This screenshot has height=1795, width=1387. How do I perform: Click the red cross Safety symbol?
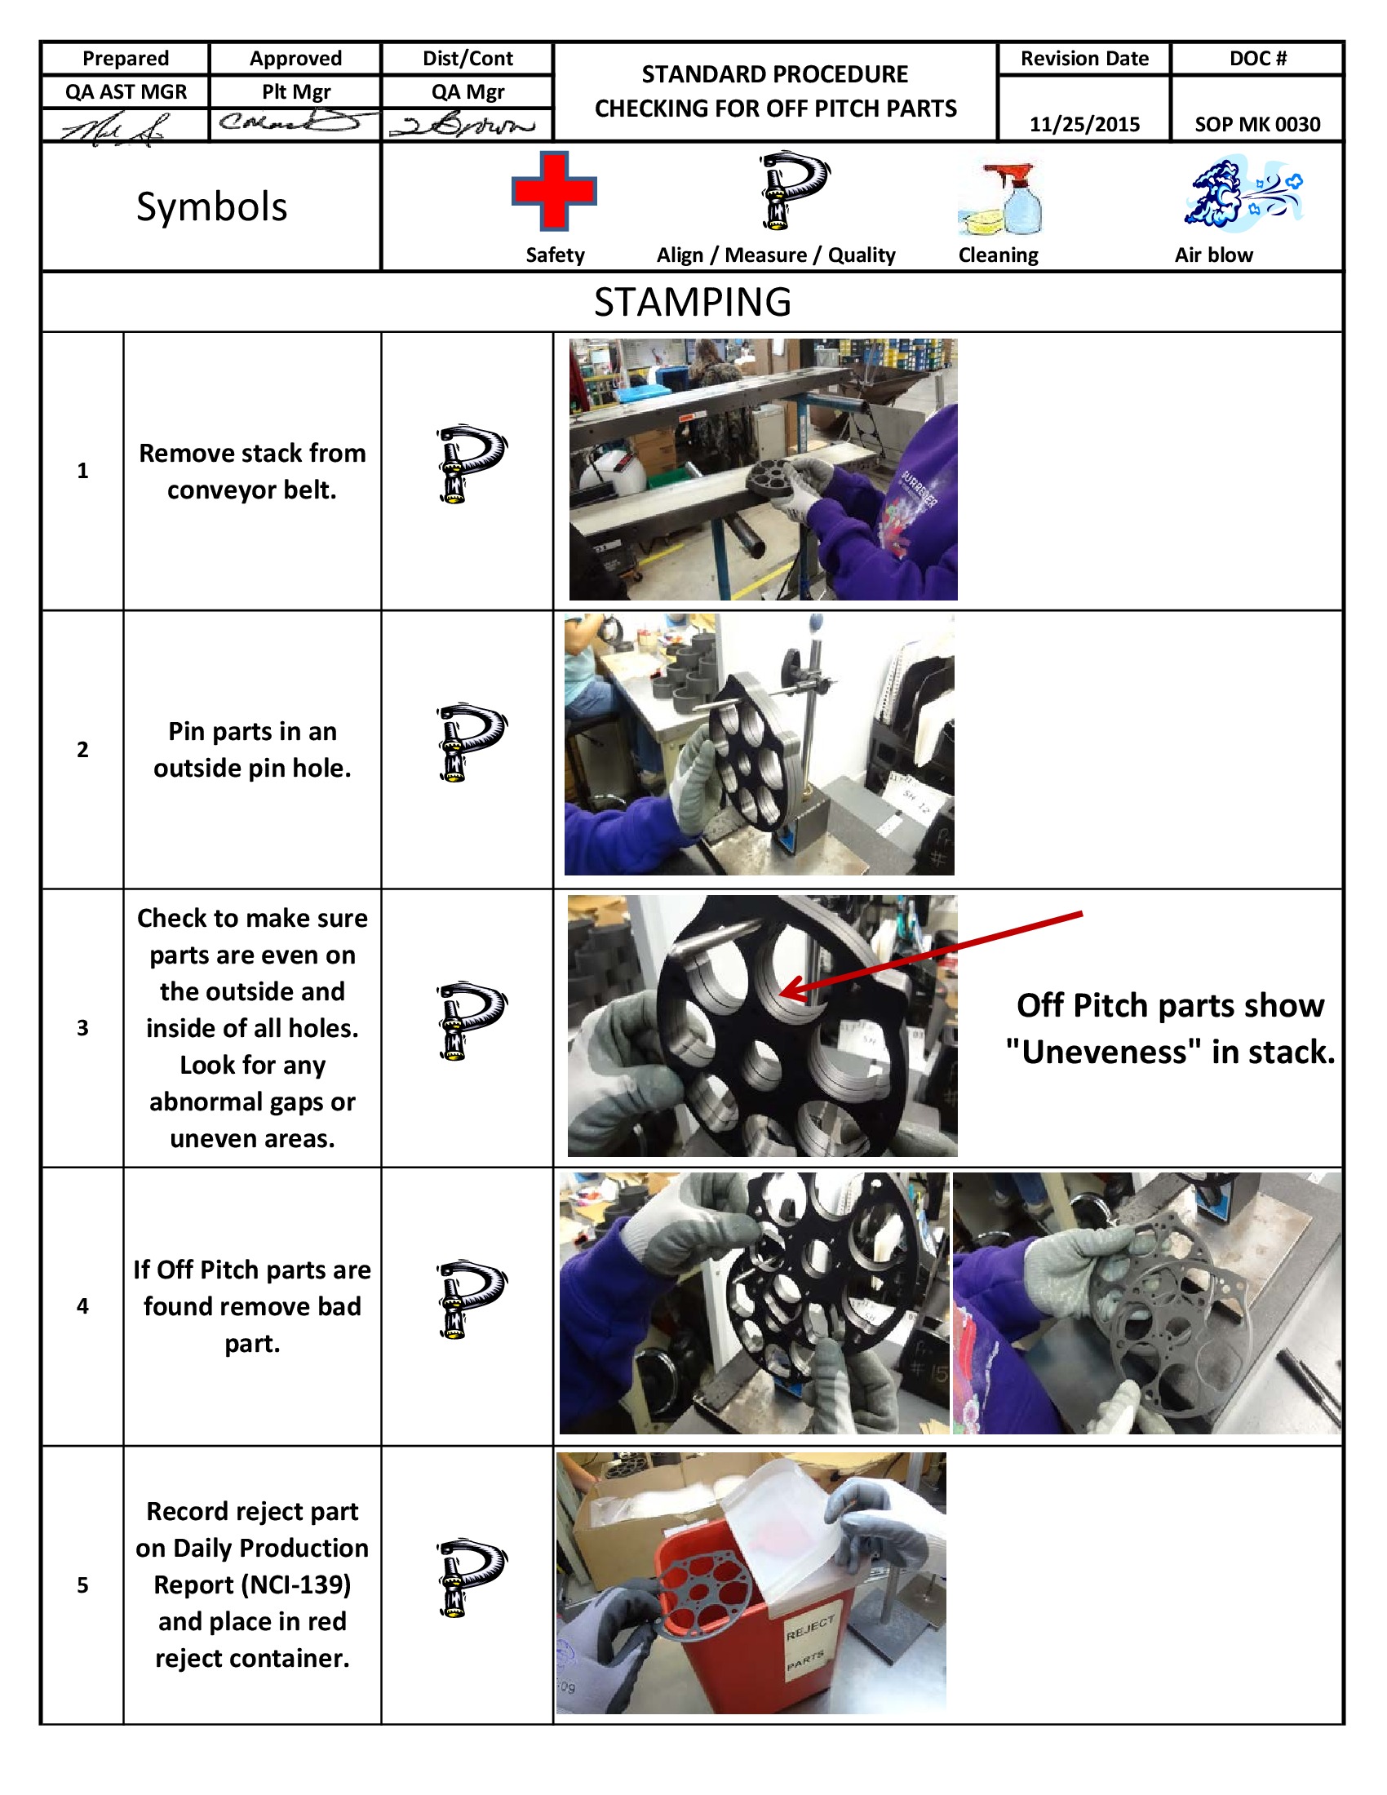pos(554,191)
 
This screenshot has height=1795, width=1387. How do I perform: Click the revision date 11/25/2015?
pos(1083,124)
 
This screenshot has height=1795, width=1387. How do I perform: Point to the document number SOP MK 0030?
pos(1256,124)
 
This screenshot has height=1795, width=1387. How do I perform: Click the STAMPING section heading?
pos(692,302)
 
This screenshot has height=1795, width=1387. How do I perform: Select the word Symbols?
pos(211,206)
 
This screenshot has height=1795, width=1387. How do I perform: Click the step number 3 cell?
pos(82,1027)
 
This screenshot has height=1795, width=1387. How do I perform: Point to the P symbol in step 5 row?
pos(471,1578)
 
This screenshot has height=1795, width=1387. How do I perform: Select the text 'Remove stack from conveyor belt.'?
pos(251,471)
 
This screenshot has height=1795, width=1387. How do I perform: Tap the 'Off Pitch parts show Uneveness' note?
pos(1169,1028)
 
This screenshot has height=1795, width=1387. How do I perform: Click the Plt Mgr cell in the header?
pos(296,92)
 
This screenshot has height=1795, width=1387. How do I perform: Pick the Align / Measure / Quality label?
pos(775,255)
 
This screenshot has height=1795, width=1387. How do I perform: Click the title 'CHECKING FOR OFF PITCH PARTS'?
pos(775,109)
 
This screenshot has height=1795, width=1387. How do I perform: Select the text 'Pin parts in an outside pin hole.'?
pos(251,749)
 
